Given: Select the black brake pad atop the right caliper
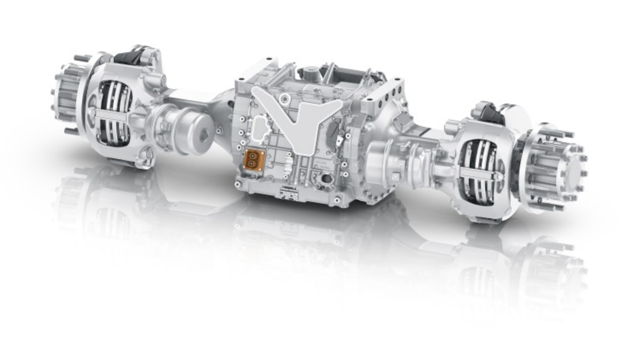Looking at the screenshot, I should click(490, 114).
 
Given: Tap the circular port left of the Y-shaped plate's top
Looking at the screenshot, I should click(284, 99).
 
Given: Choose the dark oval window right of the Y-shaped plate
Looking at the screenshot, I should click(332, 131).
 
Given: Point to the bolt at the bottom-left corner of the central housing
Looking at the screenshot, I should click(238, 184).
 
